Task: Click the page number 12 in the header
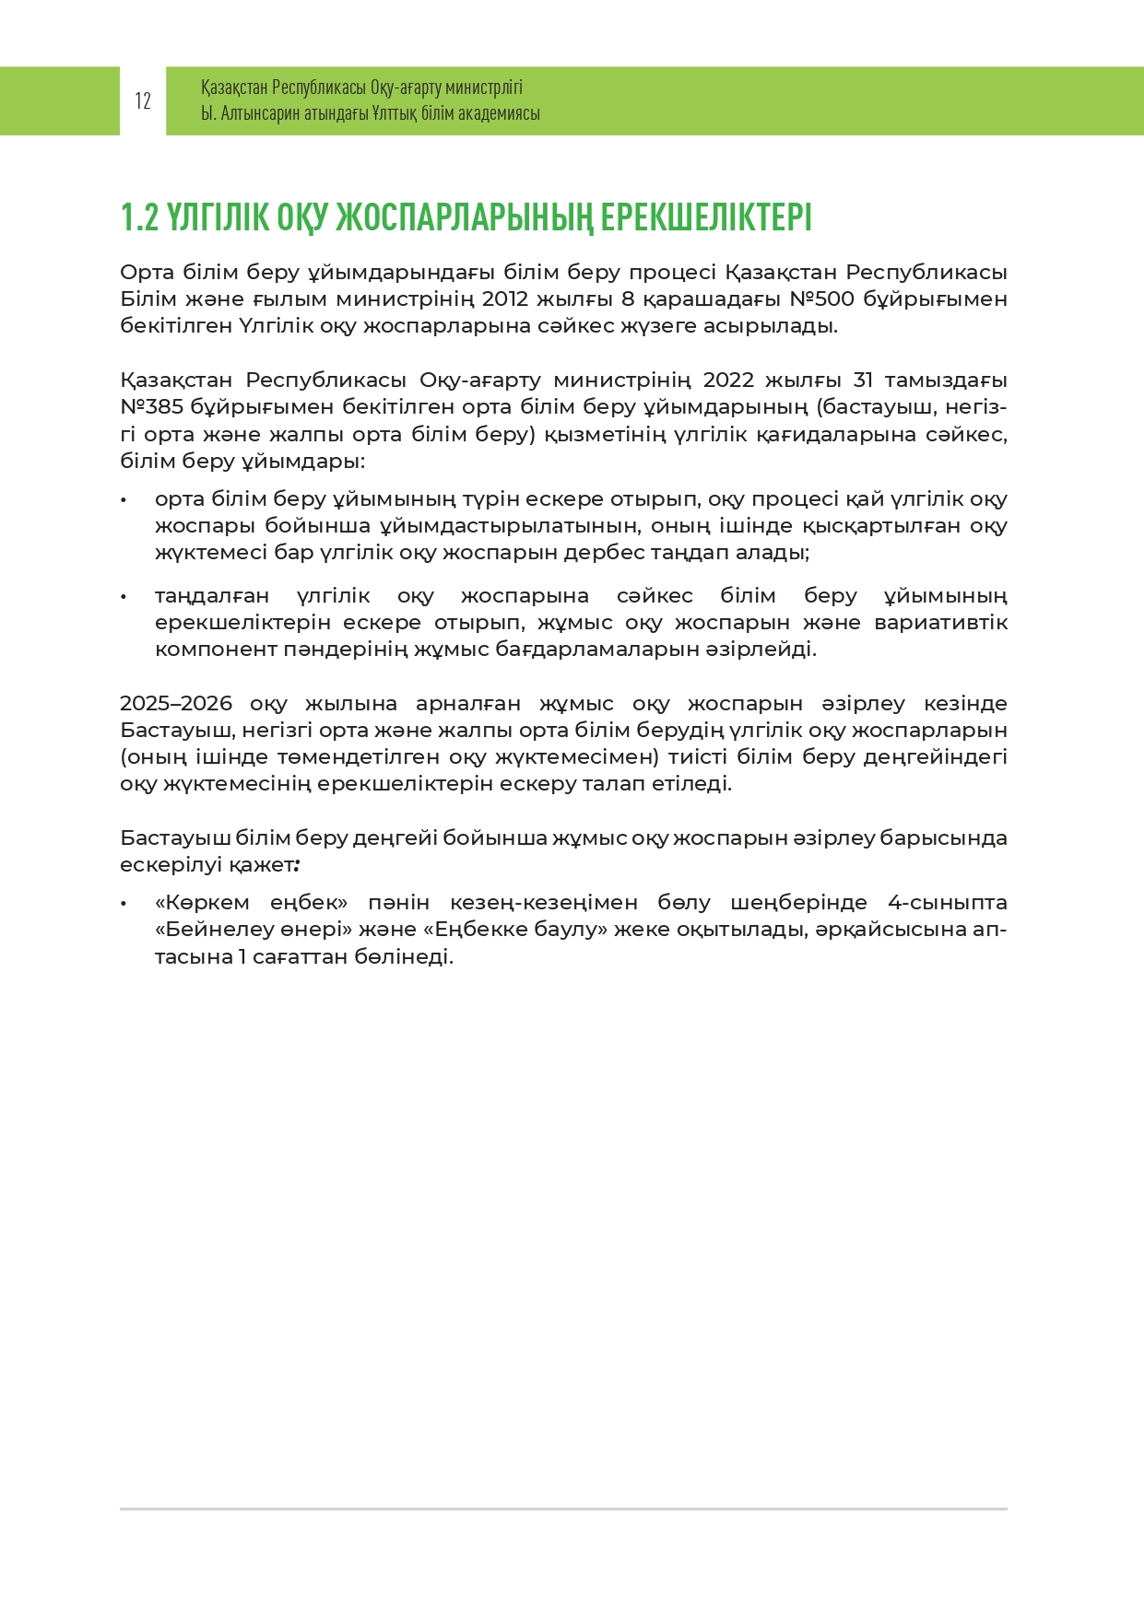tap(143, 101)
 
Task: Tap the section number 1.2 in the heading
tap(139, 217)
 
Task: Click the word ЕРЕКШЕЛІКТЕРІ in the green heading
tap(706, 217)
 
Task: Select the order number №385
tap(152, 406)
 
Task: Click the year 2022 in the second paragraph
tap(727, 380)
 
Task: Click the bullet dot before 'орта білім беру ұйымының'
tap(123, 499)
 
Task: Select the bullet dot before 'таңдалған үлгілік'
tap(123, 596)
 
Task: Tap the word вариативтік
tap(940, 622)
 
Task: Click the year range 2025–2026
tap(175, 703)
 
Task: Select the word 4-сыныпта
tap(947, 902)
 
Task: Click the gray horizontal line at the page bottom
tap(563, 1509)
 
